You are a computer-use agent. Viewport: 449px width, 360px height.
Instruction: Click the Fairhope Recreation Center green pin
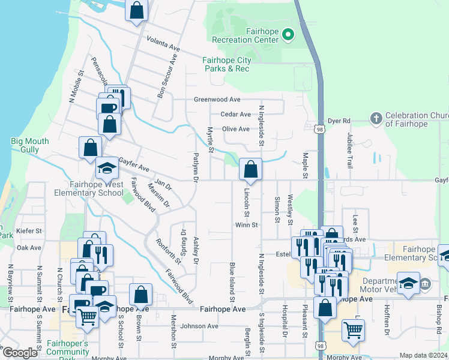(x=288, y=35)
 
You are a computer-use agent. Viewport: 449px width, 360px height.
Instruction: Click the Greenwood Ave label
(x=217, y=100)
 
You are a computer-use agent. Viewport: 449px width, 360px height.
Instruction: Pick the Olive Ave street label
(x=235, y=129)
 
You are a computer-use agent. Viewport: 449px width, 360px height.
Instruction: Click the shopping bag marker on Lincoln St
(x=250, y=170)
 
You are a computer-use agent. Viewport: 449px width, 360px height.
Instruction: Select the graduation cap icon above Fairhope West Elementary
(x=107, y=169)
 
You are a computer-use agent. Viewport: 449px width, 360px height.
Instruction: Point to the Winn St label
(x=246, y=226)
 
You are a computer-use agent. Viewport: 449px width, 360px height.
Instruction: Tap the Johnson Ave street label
(x=199, y=326)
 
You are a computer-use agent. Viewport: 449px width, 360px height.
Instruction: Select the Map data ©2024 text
(x=423, y=355)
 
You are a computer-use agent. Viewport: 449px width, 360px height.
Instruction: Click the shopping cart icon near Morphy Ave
(x=353, y=329)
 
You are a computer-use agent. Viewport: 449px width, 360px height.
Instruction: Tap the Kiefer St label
(x=29, y=230)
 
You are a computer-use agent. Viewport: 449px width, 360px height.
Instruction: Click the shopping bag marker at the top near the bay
(x=137, y=10)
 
